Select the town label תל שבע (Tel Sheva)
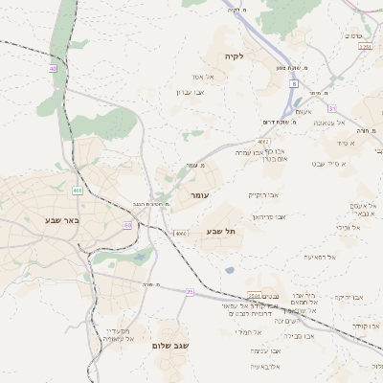click(x=221, y=232)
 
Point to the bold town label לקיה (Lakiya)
click(x=236, y=56)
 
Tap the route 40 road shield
click(x=52, y=69)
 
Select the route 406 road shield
click(x=77, y=191)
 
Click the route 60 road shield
click(x=126, y=225)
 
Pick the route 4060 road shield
click(x=181, y=234)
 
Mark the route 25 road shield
click(x=190, y=291)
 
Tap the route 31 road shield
click(x=332, y=107)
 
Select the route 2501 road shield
click(x=254, y=295)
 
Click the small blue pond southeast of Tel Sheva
click(x=230, y=270)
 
